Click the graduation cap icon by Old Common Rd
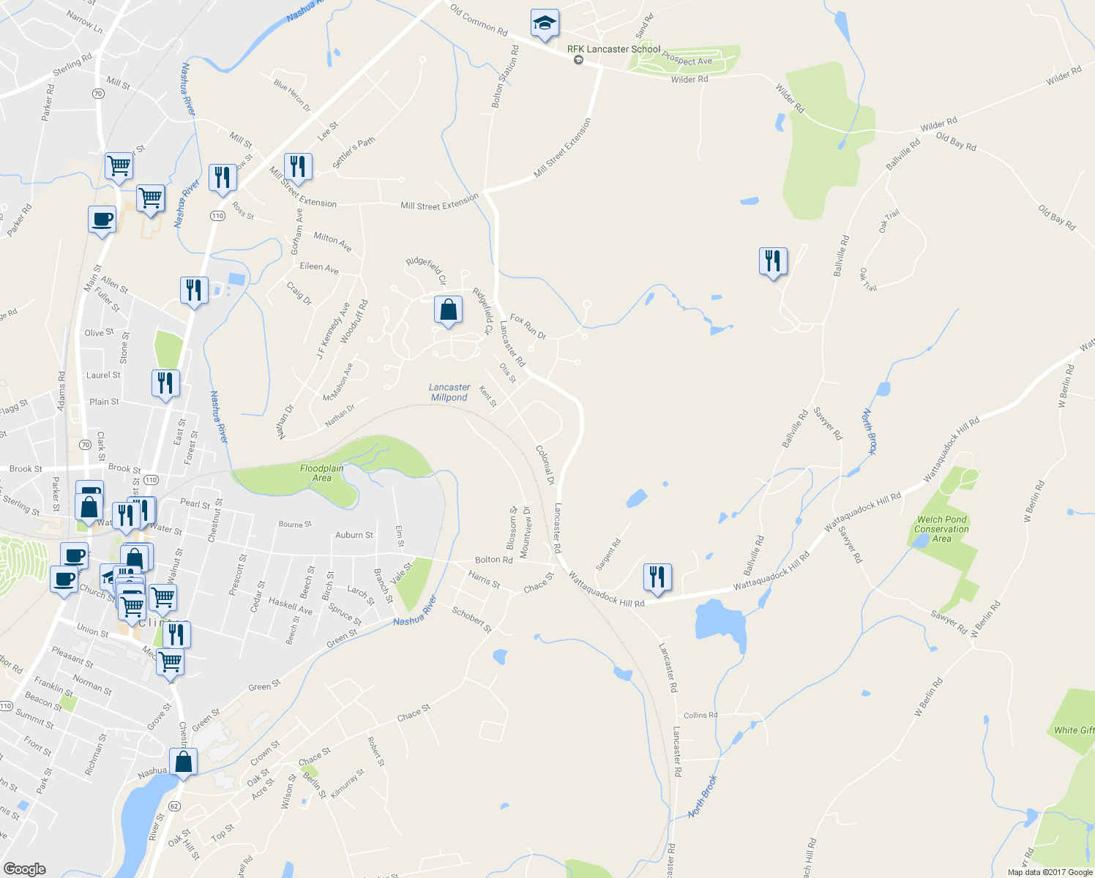click(x=544, y=24)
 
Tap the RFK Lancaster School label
click(x=613, y=49)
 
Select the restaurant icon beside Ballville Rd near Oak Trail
click(x=773, y=261)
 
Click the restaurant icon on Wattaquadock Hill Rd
click(x=657, y=577)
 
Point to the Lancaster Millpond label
click(x=449, y=392)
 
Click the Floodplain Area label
click(x=322, y=473)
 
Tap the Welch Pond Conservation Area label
click(x=941, y=529)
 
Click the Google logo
click(x=25, y=868)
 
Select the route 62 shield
click(x=173, y=806)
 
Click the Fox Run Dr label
click(x=528, y=326)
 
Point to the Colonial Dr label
click(x=546, y=465)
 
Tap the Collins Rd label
click(x=700, y=715)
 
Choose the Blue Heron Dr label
click(x=292, y=95)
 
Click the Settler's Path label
click(x=354, y=153)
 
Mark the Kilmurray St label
click(x=348, y=784)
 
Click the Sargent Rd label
click(x=608, y=554)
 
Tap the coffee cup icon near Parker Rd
click(x=102, y=219)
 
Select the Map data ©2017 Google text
click(x=1050, y=872)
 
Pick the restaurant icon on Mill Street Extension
click(x=297, y=168)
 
